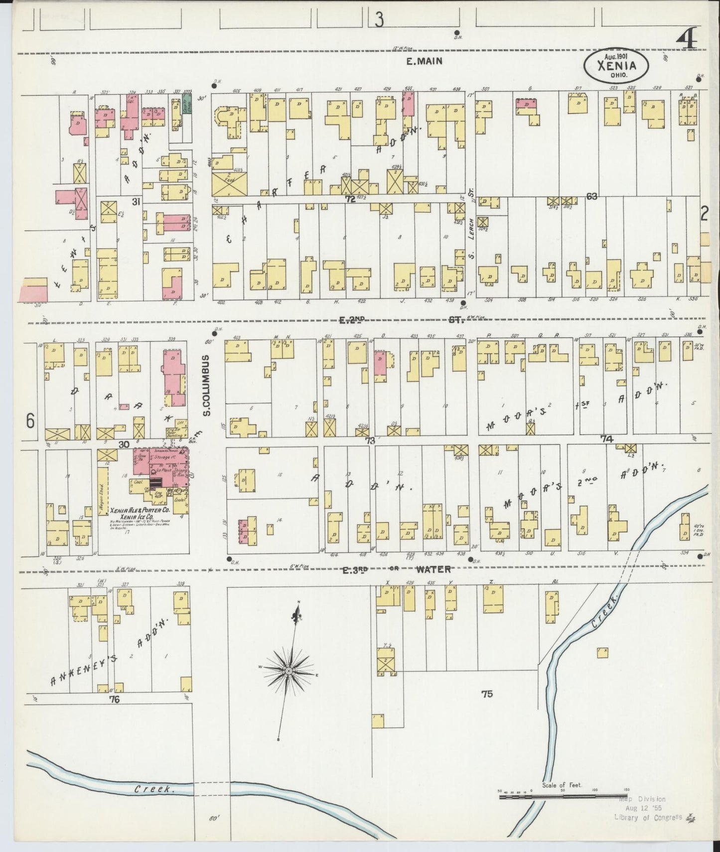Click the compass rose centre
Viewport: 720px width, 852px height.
pyautogui.click(x=288, y=672)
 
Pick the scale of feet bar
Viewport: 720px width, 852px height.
pyautogui.click(x=563, y=797)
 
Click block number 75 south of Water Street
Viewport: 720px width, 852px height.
pyautogui.click(x=487, y=693)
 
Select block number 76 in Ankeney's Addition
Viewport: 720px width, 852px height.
pyautogui.click(x=115, y=700)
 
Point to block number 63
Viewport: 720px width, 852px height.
pyautogui.click(x=591, y=196)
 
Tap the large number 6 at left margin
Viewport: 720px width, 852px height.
pyautogui.click(x=30, y=422)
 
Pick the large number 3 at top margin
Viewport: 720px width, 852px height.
pyautogui.click(x=380, y=21)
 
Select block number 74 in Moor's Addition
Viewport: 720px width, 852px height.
pyautogui.click(x=606, y=438)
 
